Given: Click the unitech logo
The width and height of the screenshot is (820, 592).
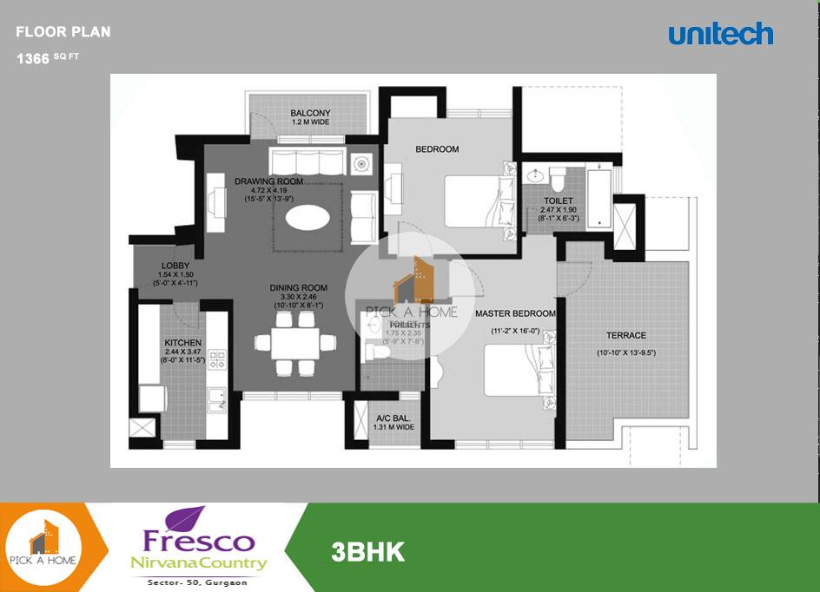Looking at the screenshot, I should [720, 35].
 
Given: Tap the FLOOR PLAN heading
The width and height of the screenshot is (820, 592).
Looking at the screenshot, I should [63, 33].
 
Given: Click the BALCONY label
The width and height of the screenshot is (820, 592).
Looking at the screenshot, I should [310, 114].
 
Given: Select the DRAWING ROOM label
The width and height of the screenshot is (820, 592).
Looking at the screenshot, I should [268, 181].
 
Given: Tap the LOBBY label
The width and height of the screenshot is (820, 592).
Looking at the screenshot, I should [176, 266].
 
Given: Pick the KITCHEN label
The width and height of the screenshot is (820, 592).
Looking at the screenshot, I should [182, 343].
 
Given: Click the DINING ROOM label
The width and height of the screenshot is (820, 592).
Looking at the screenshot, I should [298, 288].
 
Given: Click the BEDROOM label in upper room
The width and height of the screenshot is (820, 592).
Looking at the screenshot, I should [437, 149].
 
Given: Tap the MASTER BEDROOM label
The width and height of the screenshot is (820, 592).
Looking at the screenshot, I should [515, 313].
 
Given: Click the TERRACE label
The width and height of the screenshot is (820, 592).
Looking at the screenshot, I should [626, 335].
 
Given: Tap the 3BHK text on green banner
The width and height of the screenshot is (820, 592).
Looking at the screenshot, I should [367, 551].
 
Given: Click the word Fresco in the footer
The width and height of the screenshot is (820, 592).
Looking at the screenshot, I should [200, 541].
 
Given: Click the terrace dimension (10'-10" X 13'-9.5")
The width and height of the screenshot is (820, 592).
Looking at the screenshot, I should [626, 353].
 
